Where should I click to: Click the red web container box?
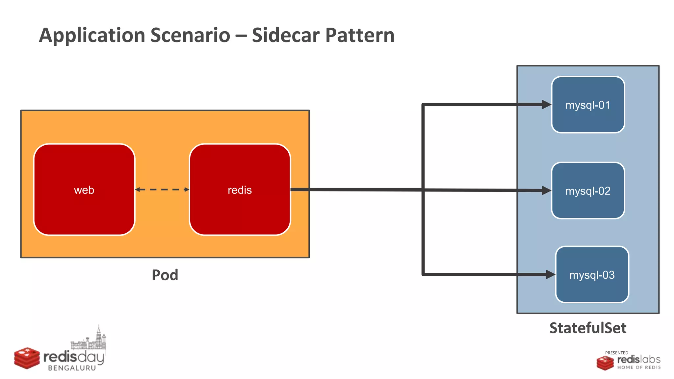point(84,189)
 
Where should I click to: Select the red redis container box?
point(240,189)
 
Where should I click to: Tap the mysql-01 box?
point(588,105)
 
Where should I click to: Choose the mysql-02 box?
point(588,190)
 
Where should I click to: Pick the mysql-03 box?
point(592,274)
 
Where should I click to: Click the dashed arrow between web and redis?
point(162,189)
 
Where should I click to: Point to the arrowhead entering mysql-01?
point(546,105)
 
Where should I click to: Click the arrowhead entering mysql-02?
point(546,190)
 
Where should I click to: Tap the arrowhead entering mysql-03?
point(550,274)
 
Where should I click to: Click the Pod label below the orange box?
point(165,275)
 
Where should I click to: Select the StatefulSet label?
point(588,328)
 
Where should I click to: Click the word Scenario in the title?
point(190,35)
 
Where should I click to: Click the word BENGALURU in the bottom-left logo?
point(72,368)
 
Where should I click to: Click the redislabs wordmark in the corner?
point(638,359)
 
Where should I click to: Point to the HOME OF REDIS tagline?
point(639,367)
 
